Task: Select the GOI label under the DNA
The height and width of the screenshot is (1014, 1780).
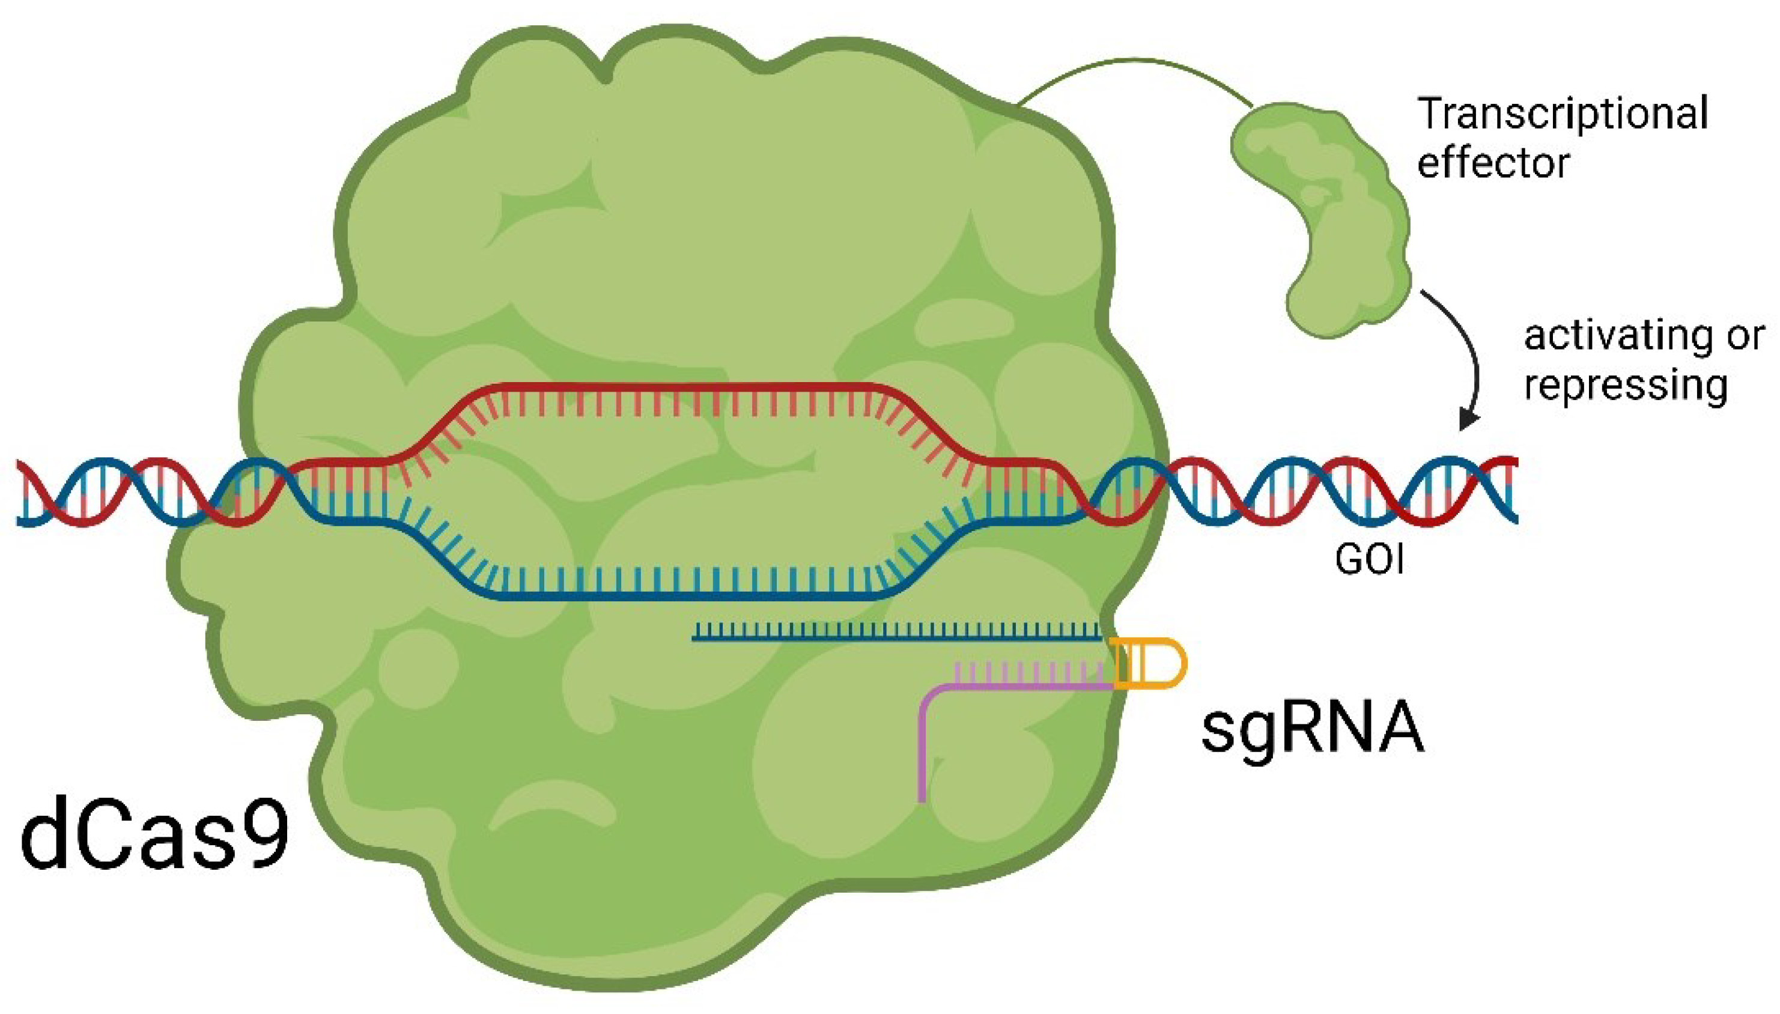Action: pos(1369,559)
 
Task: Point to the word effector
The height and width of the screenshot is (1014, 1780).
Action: pos(1493,163)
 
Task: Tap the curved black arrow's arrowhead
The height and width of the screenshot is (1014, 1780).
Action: pos(1468,419)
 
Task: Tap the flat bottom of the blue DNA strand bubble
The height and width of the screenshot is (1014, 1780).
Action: pos(696,595)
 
